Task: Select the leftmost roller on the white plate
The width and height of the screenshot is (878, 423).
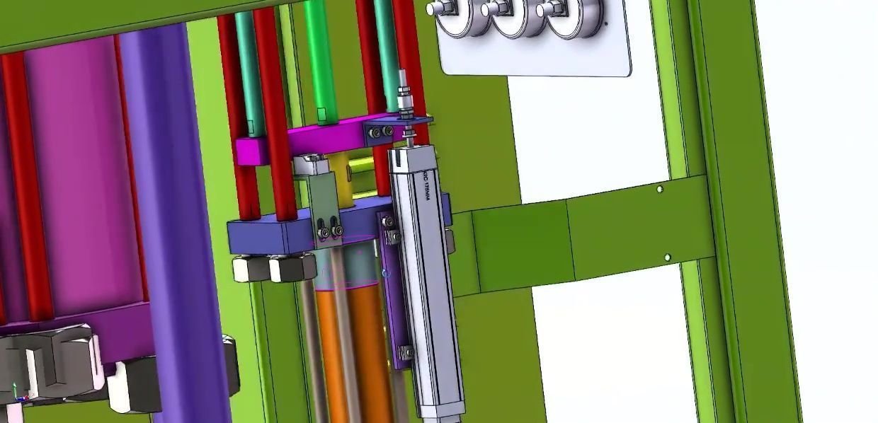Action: tap(456, 16)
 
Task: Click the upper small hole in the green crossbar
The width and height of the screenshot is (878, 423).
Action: tap(660, 190)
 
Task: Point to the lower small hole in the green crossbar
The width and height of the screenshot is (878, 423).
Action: tap(667, 257)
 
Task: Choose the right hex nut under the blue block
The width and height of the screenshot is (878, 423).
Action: tap(292, 268)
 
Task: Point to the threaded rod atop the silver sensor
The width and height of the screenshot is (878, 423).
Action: tap(405, 103)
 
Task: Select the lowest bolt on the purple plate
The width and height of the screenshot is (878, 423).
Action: tap(406, 352)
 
